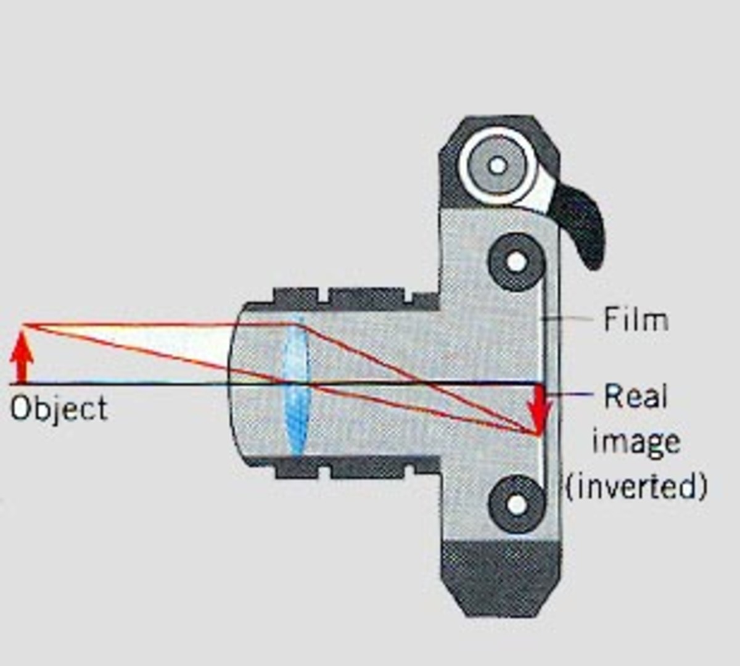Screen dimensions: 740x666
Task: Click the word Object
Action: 59,409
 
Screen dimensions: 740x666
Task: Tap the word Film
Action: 635,320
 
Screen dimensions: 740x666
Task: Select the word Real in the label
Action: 635,397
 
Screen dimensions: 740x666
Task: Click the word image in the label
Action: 636,442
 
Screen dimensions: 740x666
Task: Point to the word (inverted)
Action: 636,487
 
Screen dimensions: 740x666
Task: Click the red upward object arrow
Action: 22,361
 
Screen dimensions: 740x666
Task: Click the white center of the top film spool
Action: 498,165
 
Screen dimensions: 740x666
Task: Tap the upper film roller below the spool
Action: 517,261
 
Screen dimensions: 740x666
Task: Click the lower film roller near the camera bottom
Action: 517,504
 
